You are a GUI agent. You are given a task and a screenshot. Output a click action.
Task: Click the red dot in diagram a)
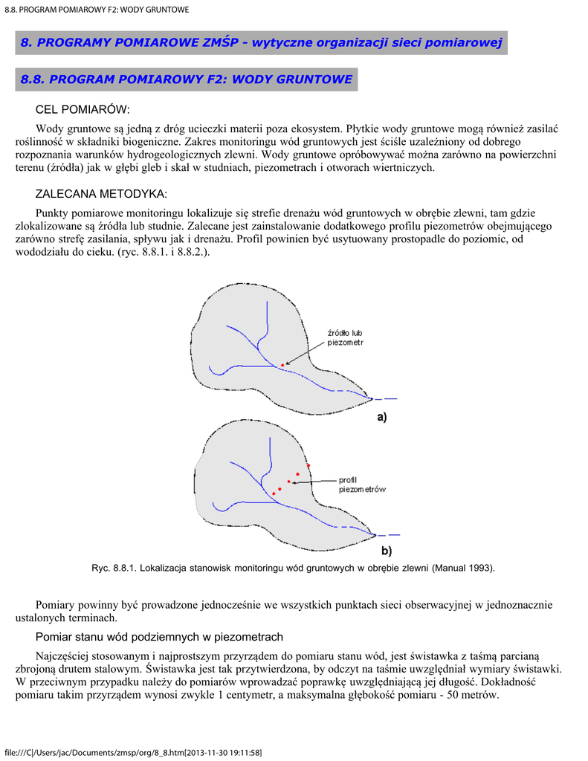tap(282, 365)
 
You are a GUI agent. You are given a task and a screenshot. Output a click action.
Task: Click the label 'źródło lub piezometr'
tap(345, 337)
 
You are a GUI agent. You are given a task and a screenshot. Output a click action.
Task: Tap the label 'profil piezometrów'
tap(362, 485)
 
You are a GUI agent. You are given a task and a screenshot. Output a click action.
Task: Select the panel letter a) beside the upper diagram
tap(380, 418)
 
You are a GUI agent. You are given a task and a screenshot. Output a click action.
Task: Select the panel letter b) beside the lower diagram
tap(386, 551)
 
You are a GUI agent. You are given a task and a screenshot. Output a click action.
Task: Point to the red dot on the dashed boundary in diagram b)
tap(308, 465)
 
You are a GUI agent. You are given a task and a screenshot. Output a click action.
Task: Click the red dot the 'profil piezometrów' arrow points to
tap(289, 482)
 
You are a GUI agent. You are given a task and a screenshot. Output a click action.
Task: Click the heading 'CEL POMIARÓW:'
tap(83, 110)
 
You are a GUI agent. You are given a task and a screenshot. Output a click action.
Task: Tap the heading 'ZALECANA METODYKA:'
tap(102, 194)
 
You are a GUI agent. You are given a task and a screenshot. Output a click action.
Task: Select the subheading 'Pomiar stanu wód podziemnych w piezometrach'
tap(160, 637)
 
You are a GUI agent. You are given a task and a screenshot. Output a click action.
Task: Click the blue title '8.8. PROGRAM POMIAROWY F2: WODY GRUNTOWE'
tap(187, 79)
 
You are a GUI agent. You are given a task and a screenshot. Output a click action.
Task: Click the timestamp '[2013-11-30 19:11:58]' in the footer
tap(223, 752)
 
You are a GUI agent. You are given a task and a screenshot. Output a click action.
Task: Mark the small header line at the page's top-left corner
tap(97, 9)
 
